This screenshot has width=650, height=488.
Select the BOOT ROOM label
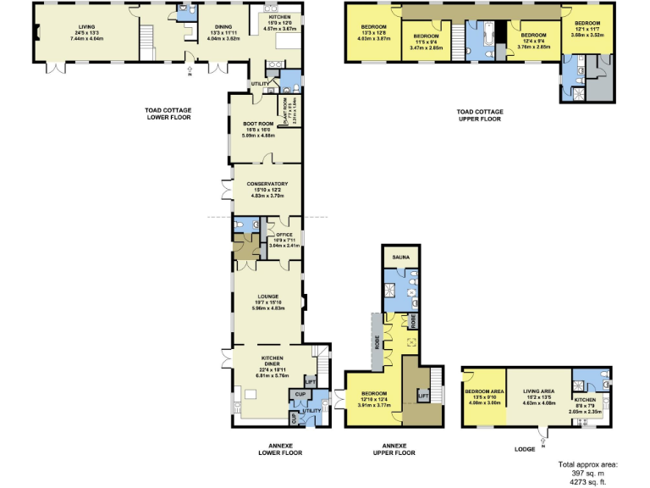(256, 124)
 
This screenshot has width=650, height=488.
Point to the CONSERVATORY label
(267, 184)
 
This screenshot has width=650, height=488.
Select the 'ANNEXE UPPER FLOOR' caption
(394, 449)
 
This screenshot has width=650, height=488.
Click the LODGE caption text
(524, 449)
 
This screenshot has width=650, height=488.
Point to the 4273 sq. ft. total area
(587, 480)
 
